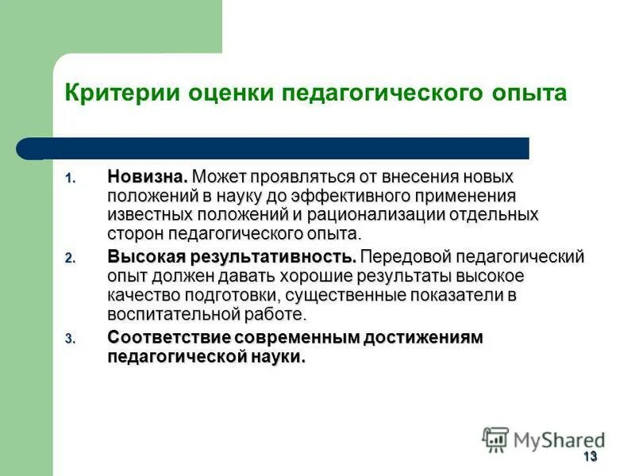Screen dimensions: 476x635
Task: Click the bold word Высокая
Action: [x=141, y=256]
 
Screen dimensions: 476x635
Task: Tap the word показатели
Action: [x=452, y=295]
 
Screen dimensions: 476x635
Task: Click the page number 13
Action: [x=589, y=456]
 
